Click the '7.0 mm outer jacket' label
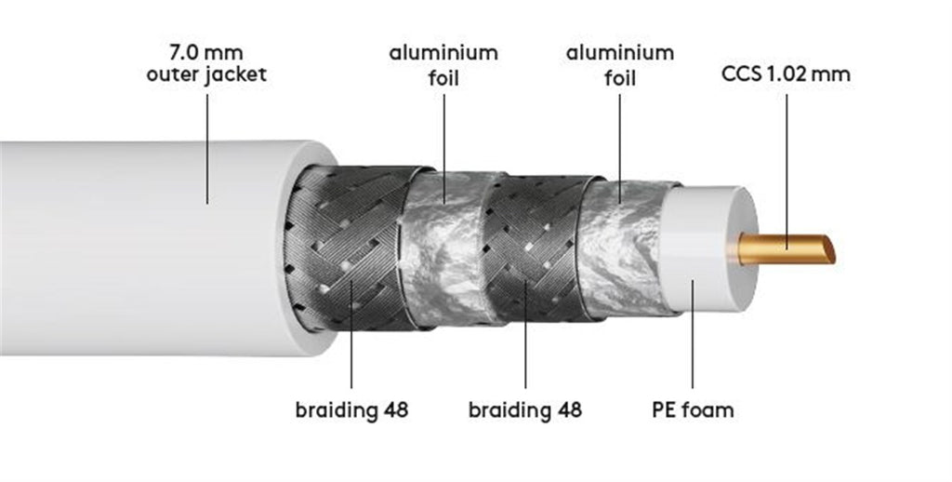pyautogui.click(x=206, y=63)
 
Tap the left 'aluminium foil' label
pyautogui.click(x=443, y=65)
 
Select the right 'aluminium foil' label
pyautogui.click(x=620, y=65)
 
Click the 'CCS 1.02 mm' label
pyautogui.click(x=786, y=74)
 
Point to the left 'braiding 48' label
pyautogui.click(x=351, y=409)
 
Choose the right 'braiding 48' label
pyautogui.click(x=525, y=409)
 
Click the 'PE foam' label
pyautogui.click(x=693, y=409)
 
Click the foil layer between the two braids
pyautogui.click(x=446, y=248)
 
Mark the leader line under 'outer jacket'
pyautogui.click(x=207, y=149)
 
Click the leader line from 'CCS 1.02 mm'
pyautogui.click(x=787, y=171)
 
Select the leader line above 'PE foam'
pyautogui.click(x=693, y=334)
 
